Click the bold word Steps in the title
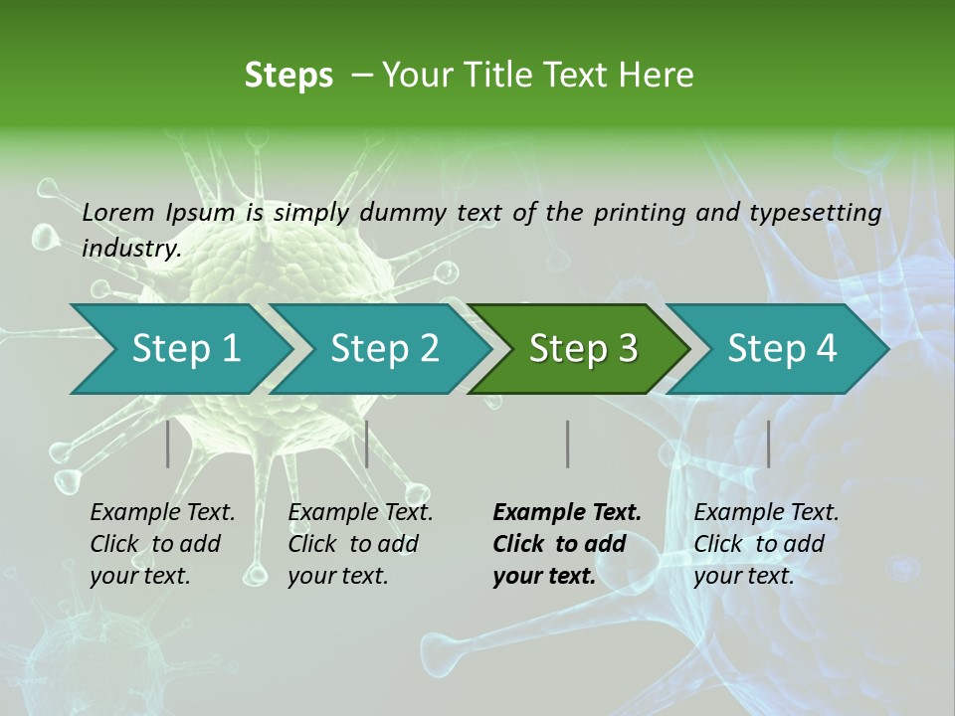point(288,76)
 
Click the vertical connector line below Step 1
point(167,444)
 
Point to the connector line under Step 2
point(367,444)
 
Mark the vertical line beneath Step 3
point(567,444)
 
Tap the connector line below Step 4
point(768,444)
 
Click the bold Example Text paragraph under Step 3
point(567,544)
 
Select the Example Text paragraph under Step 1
point(162,544)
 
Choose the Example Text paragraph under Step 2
point(360,544)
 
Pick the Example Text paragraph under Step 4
point(766,544)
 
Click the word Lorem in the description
point(118,213)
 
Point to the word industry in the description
point(130,249)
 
